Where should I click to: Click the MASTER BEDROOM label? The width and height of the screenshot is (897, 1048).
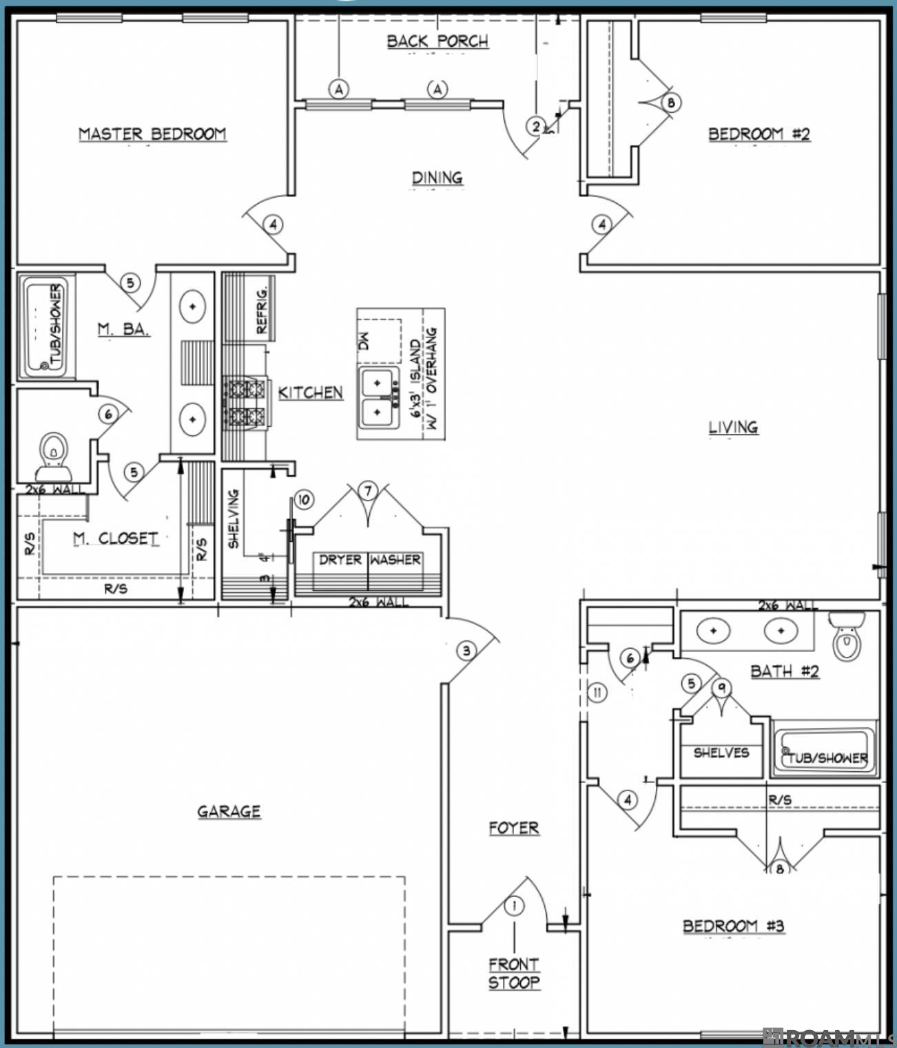pos(152,134)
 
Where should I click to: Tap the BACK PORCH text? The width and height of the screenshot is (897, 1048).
pos(437,41)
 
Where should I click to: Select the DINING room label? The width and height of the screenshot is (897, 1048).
pos(437,178)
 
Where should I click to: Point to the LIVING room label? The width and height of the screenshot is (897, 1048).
pos(733,428)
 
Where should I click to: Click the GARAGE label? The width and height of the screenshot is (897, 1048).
pos(229,812)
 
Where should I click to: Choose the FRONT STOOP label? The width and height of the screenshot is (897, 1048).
pos(514,974)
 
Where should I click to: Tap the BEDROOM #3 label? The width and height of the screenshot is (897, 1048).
pos(733,926)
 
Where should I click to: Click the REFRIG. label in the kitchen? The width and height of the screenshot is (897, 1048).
pos(262,309)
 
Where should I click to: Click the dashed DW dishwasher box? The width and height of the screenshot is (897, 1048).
pos(378,341)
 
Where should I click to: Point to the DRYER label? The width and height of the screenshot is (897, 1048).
pos(340,560)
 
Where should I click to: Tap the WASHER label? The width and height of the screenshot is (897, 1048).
pos(395,560)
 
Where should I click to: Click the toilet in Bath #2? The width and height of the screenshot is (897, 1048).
pos(847,637)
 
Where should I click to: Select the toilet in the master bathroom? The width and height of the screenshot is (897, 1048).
pos(53,457)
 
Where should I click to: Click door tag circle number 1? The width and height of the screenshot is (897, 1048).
pos(514,905)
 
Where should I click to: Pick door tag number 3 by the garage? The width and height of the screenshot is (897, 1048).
pos(466,651)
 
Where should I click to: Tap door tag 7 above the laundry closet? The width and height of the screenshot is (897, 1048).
pos(368,490)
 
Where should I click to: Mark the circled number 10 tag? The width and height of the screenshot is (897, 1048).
pos(304,500)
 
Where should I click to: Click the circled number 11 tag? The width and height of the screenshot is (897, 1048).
pos(597,692)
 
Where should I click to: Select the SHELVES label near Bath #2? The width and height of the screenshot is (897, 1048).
pos(721,753)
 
